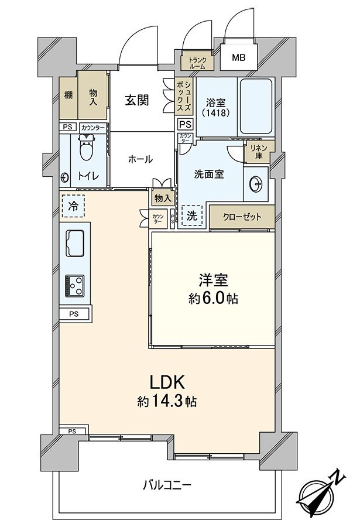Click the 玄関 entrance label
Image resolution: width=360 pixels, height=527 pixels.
136,100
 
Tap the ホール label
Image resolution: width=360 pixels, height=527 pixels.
140,159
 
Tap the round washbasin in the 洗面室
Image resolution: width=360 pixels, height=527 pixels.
255,184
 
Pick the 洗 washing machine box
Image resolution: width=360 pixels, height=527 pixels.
191,215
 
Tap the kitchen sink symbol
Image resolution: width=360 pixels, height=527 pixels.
76,242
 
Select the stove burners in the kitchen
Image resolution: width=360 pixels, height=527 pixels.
74,286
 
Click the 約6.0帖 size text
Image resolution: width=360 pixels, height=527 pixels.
213,299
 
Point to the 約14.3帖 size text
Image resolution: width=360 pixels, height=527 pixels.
167,402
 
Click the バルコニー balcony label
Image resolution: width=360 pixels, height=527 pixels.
167,485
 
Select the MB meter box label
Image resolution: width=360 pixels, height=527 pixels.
238,57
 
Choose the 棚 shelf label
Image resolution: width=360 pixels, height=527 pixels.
68,95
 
